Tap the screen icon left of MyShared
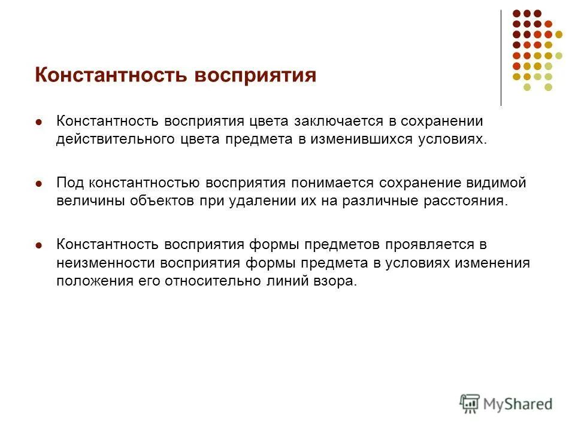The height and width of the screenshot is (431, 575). pyautogui.click(x=470, y=403)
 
